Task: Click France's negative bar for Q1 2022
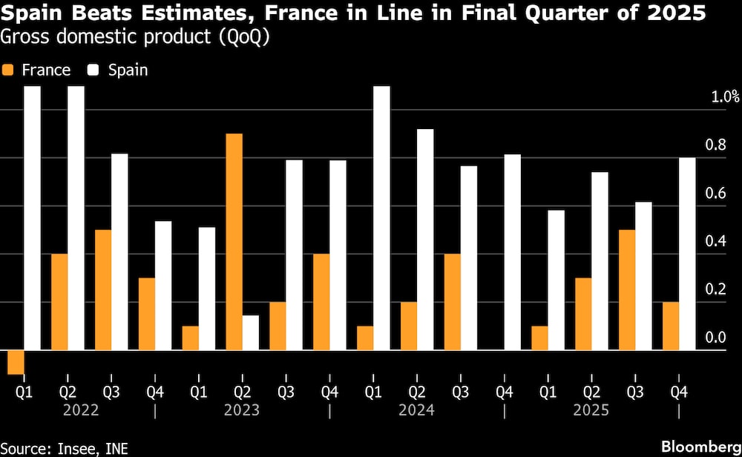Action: [x=16, y=362]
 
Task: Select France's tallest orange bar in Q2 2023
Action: [x=234, y=242]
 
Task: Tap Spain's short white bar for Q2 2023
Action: [x=251, y=332]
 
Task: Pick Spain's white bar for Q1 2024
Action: [x=381, y=218]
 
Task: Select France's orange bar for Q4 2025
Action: [x=671, y=326]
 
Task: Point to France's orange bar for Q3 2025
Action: [x=627, y=290]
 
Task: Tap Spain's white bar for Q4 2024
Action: [x=513, y=252]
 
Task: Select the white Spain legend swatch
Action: [x=95, y=70]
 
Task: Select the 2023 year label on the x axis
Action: [x=242, y=410]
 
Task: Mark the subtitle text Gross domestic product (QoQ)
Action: [x=136, y=38]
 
